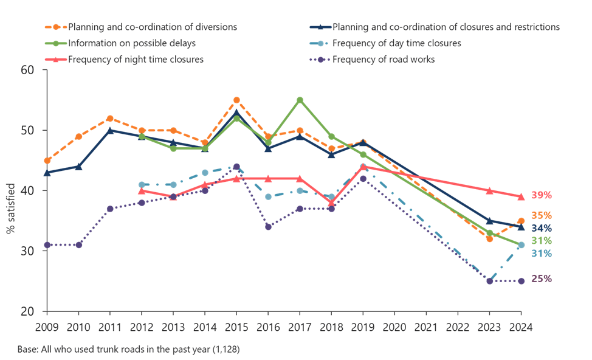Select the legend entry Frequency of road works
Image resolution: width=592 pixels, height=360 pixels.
[x=383, y=60]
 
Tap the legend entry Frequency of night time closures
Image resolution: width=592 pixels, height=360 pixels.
[x=136, y=60]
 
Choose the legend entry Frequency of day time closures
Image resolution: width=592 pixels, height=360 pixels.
[x=396, y=43]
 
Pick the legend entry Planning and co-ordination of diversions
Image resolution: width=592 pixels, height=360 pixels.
[x=153, y=27]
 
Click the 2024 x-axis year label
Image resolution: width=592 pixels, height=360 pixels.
[x=521, y=327]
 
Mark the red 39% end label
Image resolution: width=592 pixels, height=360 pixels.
[x=542, y=195]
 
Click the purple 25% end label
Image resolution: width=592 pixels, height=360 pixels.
[x=542, y=279]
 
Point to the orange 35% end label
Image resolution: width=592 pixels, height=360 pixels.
[x=542, y=215]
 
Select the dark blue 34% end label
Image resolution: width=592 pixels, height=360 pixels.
[x=542, y=227]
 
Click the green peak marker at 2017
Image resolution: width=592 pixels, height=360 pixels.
[x=300, y=100]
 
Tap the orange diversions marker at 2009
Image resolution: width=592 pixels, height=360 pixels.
[x=47, y=161]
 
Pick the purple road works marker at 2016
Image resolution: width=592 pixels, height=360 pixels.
[x=268, y=227]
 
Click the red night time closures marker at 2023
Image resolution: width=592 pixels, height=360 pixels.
[x=489, y=190]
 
